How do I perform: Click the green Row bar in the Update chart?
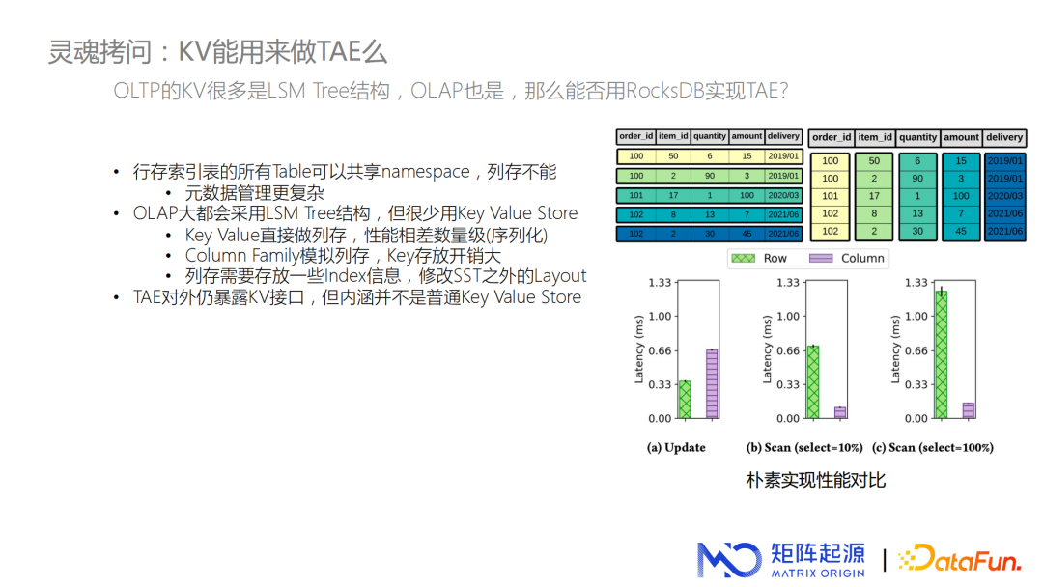pyautogui.click(x=685, y=400)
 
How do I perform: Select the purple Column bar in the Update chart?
pyautogui.click(x=712, y=384)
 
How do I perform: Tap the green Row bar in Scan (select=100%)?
pyautogui.click(x=942, y=354)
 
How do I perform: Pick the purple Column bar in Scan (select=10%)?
pyautogui.click(x=840, y=413)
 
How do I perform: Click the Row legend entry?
pyautogui.click(x=759, y=258)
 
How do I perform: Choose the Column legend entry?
pyautogui.click(x=847, y=258)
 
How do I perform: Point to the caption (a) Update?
pyautogui.click(x=676, y=447)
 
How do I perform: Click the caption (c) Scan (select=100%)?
pyautogui.click(x=933, y=447)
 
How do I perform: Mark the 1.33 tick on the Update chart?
pyautogui.click(x=660, y=283)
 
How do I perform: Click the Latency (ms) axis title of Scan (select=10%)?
pyautogui.click(x=767, y=349)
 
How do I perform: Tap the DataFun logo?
pyautogui.click(x=959, y=559)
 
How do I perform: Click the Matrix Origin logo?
pyautogui.click(x=781, y=560)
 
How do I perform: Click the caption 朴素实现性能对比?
pyautogui.click(x=815, y=480)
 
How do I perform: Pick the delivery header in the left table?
pyautogui.click(x=783, y=136)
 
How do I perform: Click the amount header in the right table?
pyautogui.click(x=961, y=138)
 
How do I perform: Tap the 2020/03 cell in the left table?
pyautogui.click(x=783, y=195)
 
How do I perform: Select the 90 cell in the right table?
pyautogui.click(x=917, y=179)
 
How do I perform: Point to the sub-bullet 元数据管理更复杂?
pyautogui.click(x=254, y=193)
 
